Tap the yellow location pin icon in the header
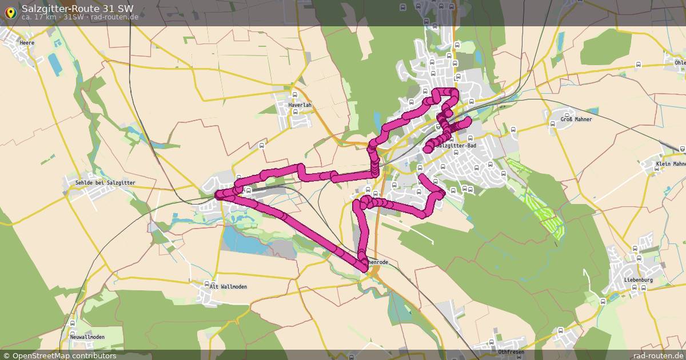click(10, 13)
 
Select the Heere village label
click(27, 43)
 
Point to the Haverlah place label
click(300, 105)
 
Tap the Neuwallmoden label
click(87, 337)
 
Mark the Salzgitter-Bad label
click(456, 146)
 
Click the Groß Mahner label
click(576, 119)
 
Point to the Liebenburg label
click(639, 280)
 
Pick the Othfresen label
click(511, 352)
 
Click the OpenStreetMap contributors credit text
click(64, 355)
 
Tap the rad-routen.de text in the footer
click(659, 355)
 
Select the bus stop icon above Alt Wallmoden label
click(206, 283)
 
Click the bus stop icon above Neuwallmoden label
click(72, 332)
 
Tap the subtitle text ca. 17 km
click(39, 17)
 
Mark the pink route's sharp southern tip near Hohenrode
click(364, 267)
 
